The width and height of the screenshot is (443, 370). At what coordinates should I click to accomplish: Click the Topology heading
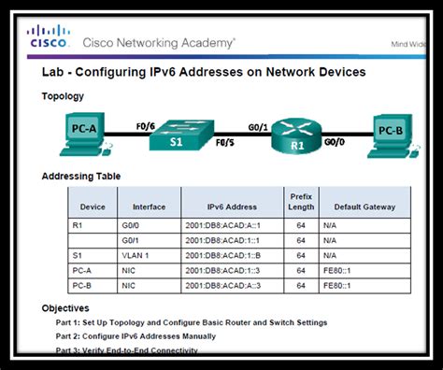click(63, 96)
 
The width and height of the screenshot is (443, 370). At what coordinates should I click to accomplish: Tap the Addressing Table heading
click(81, 176)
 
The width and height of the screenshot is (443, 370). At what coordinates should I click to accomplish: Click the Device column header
click(93, 206)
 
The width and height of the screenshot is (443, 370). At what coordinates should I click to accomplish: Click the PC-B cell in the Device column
click(83, 285)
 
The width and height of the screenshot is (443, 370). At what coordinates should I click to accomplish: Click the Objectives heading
click(65, 307)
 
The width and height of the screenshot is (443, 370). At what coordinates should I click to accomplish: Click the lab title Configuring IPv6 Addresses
click(204, 72)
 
